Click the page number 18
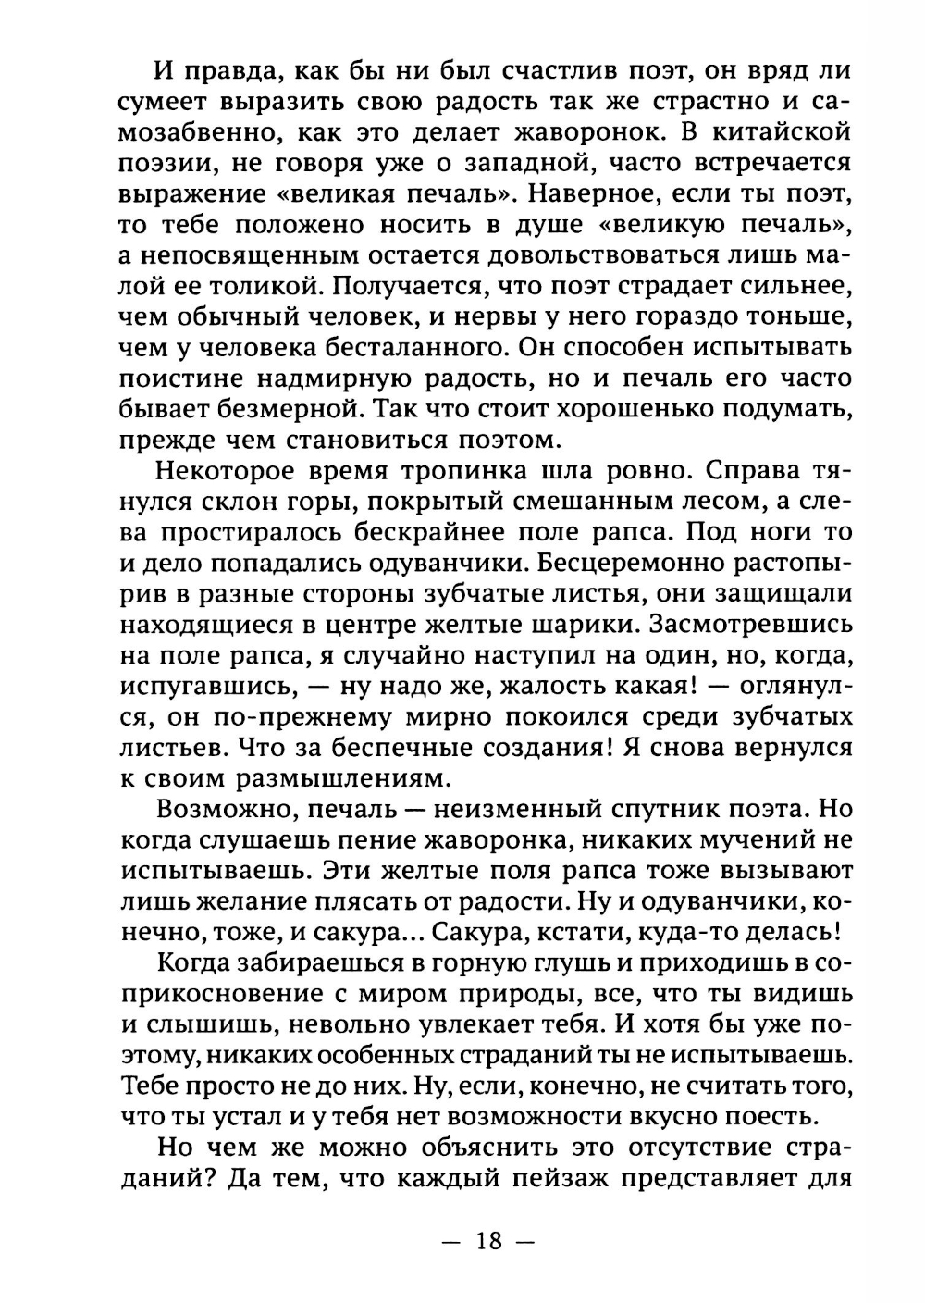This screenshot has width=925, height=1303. (x=489, y=1240)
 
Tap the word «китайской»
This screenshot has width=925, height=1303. (x=776, y=131)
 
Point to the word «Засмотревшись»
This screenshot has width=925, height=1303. (x=749, y=625)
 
